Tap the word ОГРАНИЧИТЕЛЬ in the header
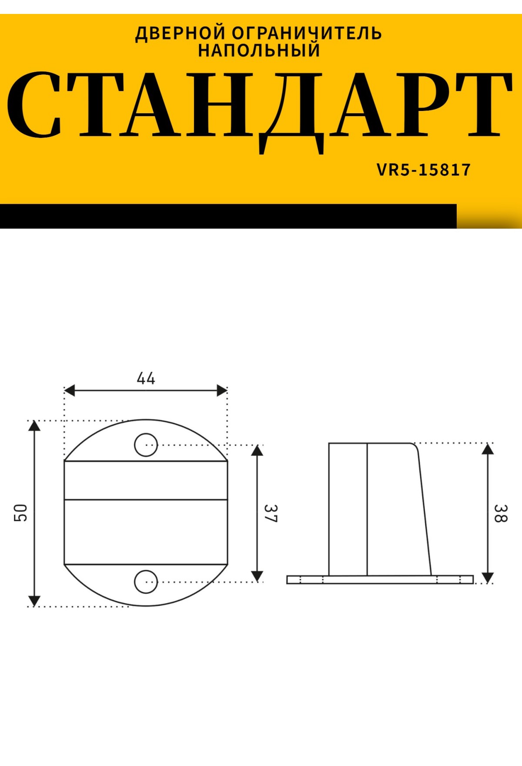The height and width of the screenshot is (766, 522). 307,34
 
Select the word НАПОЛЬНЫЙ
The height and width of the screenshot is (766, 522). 259,50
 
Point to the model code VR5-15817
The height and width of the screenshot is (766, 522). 424,170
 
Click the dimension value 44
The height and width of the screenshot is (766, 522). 146,378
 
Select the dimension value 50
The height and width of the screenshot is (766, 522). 21,513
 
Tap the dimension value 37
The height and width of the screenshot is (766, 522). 271,514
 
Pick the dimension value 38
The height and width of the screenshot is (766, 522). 500,514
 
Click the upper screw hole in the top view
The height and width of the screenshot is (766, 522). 146,444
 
